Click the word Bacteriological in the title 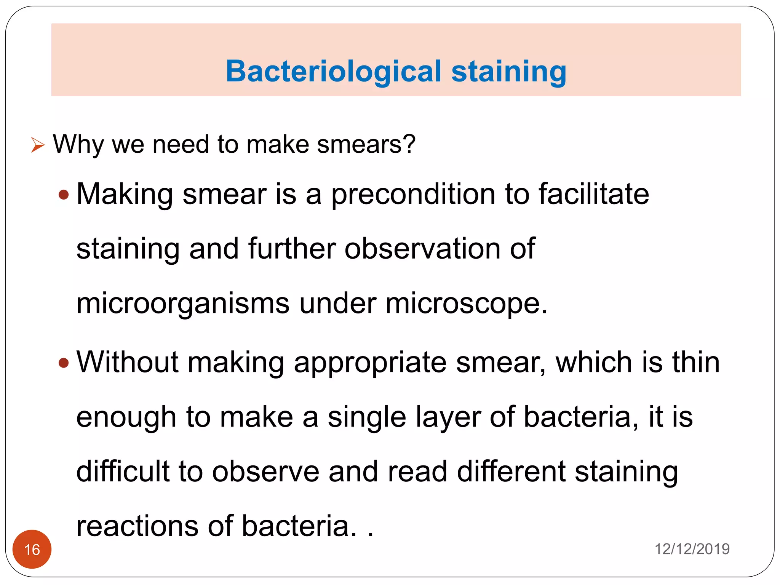click(x=333, y=72)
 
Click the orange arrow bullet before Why click(x=38, y=145)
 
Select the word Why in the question click(x=78, y=145)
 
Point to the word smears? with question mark click(x=366, y=145)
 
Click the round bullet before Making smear click(x=64, y=195)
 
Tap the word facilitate click(x=594, y=194)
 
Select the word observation click(x=422, y=249)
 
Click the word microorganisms click(x=183, y=304)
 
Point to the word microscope click(x=466, y=304)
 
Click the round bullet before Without click(x=64, y=363)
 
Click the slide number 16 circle click(x=32, y=549)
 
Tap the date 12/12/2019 click(x=692, y=549)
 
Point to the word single click(x=367, y=417)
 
